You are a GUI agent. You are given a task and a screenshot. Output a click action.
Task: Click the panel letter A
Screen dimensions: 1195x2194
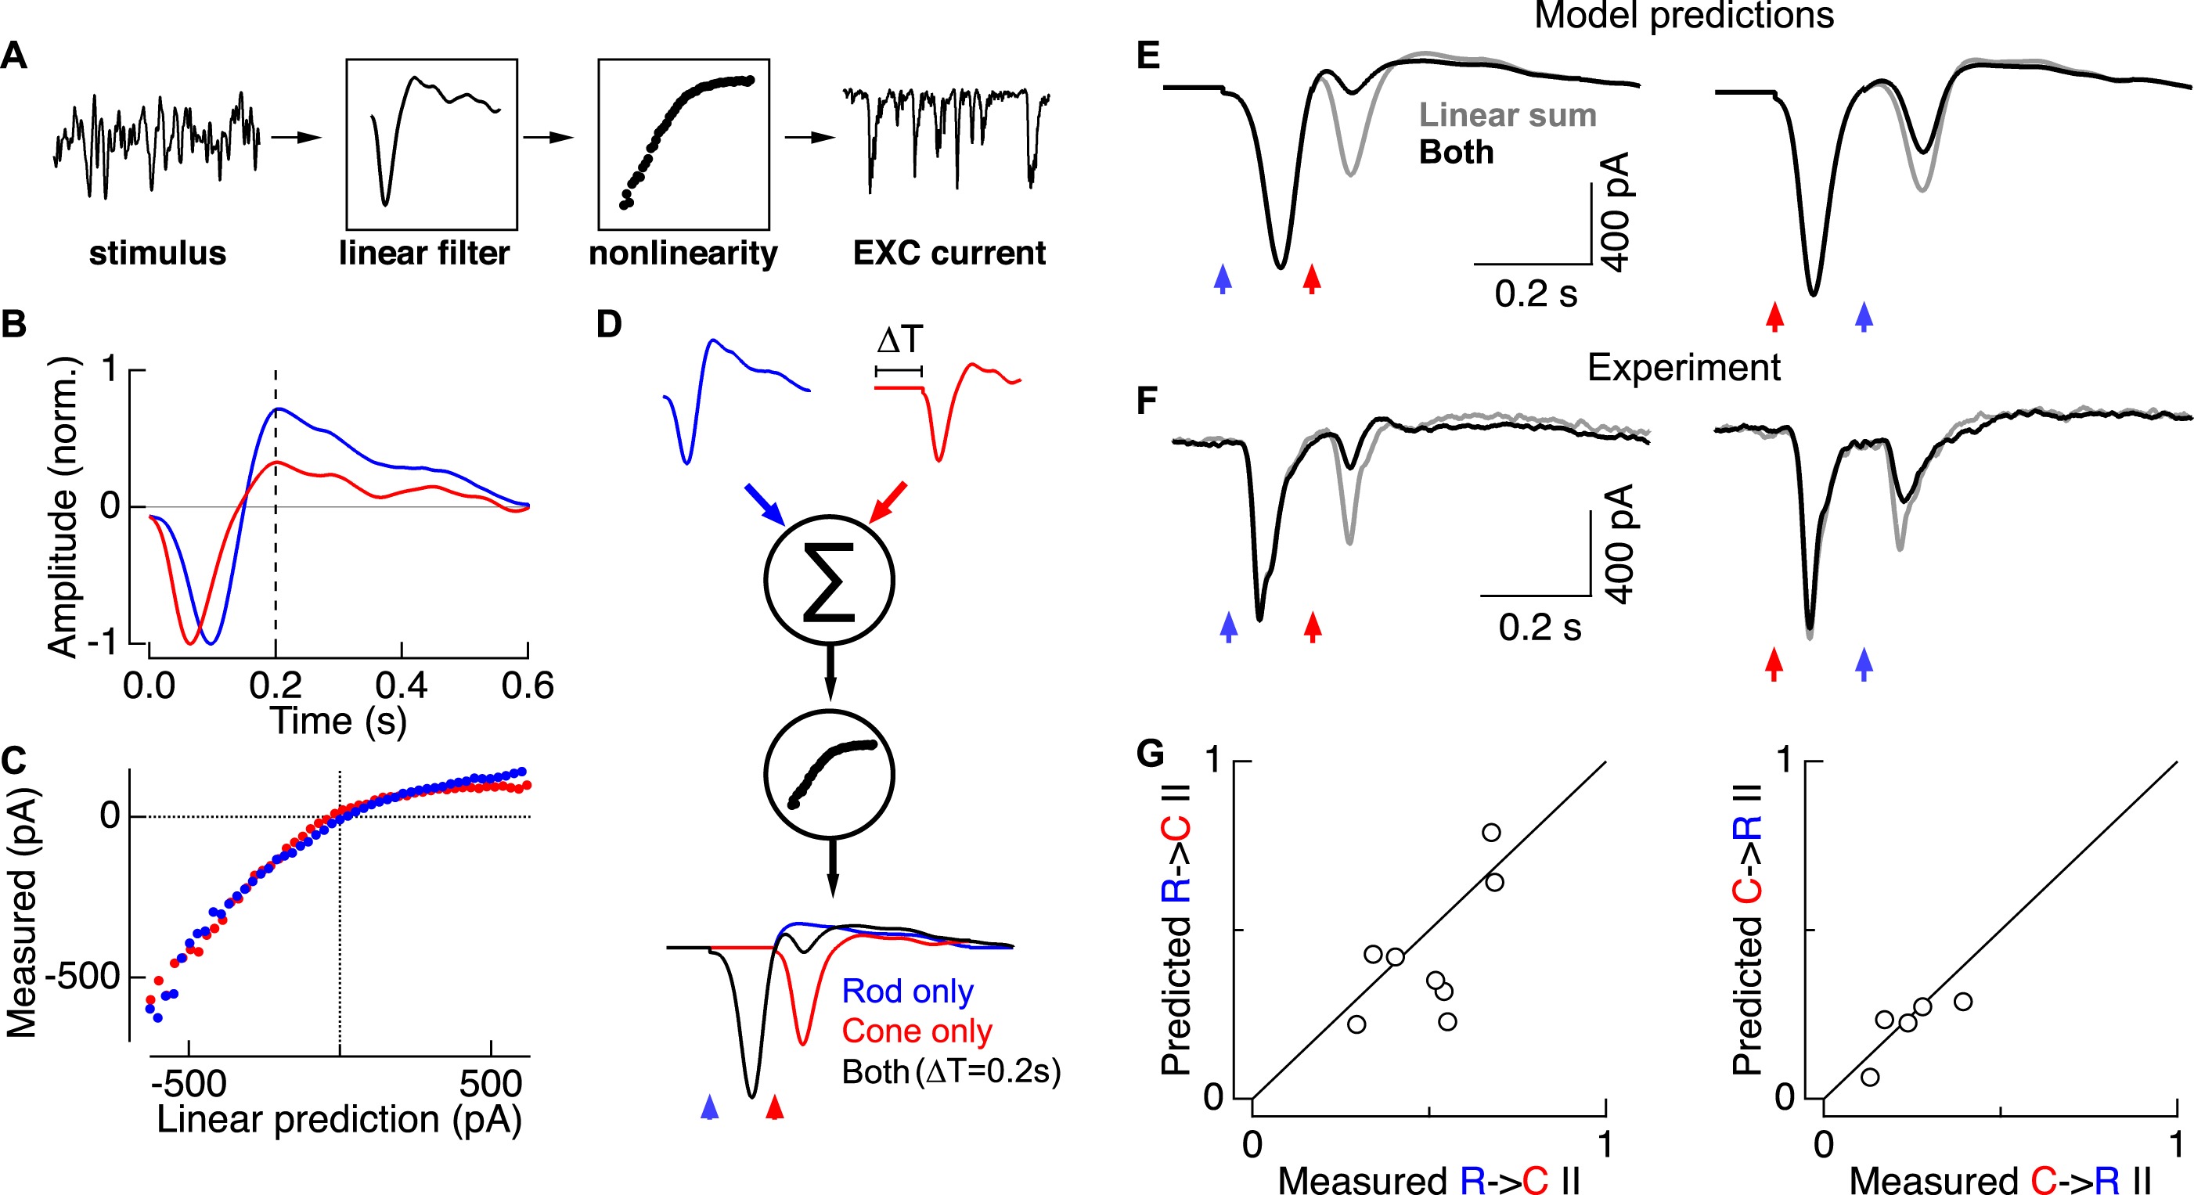point(14,56)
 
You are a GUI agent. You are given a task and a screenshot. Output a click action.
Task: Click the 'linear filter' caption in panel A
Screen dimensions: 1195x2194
point(424,253)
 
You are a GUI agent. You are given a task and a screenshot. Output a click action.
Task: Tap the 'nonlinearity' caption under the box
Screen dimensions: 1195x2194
point(683,254)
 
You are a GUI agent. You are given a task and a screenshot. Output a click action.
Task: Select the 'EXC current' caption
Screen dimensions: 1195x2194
point(949,253)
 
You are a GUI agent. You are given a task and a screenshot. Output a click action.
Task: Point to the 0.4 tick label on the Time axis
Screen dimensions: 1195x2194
point(402,686)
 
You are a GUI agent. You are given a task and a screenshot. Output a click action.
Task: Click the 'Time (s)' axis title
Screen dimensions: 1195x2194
point(338,722)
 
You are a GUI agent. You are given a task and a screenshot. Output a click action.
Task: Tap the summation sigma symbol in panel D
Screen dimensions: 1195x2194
point(829,581)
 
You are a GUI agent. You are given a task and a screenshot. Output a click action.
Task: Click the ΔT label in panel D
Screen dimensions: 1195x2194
point(899,340)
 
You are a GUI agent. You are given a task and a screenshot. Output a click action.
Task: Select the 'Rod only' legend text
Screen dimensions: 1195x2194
point(907,992)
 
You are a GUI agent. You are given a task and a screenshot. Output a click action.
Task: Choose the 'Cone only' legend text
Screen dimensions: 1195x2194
point(917,1031)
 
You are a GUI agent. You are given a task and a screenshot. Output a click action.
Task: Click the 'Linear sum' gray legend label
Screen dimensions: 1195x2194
point(1507,115)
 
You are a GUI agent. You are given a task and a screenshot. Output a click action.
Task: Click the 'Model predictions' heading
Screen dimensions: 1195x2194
point(1684,16)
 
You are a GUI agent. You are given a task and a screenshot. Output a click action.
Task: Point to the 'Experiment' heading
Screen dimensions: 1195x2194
point(1683,368)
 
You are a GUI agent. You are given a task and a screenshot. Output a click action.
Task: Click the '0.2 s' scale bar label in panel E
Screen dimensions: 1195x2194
point(1536,293)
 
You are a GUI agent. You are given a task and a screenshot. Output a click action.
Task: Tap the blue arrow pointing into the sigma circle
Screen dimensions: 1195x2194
point(764,504)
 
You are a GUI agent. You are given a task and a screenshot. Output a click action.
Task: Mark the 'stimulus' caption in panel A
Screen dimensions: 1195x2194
point(157,253)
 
